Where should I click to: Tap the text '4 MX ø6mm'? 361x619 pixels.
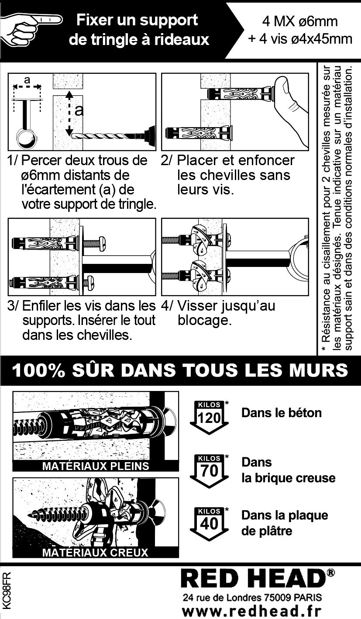click(x=300, y=21)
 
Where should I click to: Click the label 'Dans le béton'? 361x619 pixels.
click(x=281, y=413)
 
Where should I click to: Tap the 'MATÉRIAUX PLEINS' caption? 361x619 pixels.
click(x=96, y=466)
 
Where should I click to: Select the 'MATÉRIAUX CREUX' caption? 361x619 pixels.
click(x=95, y=552)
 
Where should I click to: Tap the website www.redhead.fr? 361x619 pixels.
click(x=251, y=611)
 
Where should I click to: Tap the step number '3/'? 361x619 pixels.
click(x=13, y=306)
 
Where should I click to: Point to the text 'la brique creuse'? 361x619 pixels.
click(x=288, y=478)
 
